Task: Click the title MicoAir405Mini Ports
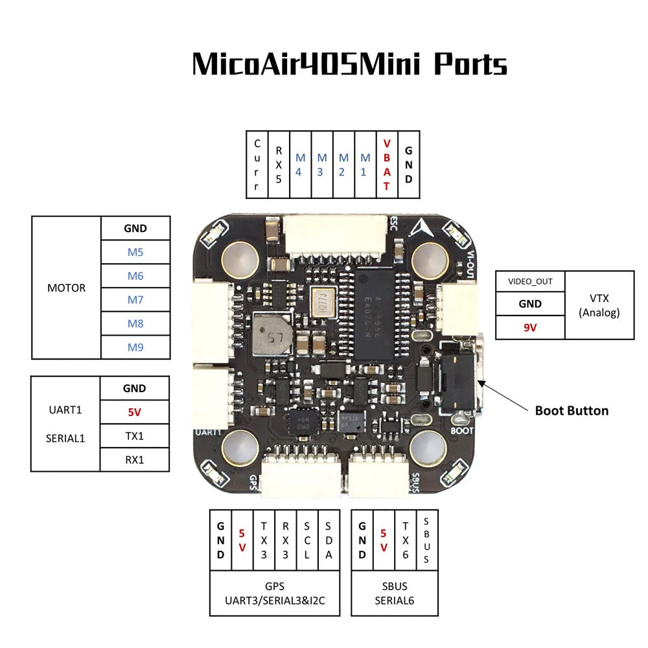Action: click(x=349, y=65)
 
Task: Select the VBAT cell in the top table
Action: click(x=387, y=165)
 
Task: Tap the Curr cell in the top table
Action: click(x=257, y=165)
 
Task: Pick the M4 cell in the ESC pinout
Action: click(x=300, y=165)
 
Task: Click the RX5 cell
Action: click(x=279, y=165)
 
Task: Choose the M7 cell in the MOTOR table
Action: click(x=135, y=299)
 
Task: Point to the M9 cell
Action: click(x=135, y=347)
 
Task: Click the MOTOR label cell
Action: click(x=66, y=288)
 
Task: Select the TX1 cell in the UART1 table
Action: click(x=135, y=435)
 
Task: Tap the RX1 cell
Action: click(x=135, y=459)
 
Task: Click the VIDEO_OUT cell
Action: click(x=530, y=281)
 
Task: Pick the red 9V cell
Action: click(x=530, y=327)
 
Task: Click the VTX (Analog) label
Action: click(x=599, y=305)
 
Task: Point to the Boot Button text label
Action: click(x=571, y=410)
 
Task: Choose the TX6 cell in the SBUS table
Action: click(x=405, y=539)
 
